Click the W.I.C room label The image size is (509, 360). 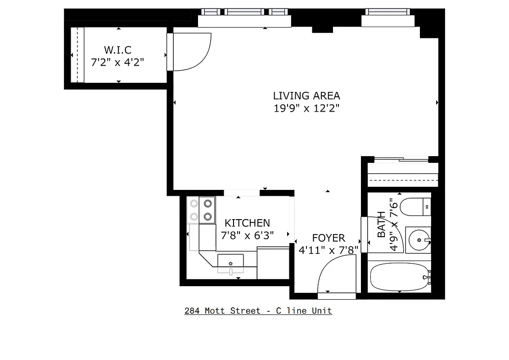pos(117,50)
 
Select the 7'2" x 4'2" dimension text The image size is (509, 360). pos(117,62)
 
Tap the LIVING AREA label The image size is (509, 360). pos(306,96)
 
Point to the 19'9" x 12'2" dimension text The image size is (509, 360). pos(306,108)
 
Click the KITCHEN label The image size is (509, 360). pos(247,223)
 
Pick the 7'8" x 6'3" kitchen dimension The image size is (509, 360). pos(247,235)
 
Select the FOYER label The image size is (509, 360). pos(329,238)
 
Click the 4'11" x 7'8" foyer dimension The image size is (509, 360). pos(329,250)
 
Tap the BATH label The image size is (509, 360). pos(381,225)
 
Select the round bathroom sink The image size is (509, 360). pos(419,240)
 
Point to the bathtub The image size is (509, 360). pos(399,278)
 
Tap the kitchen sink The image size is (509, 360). pos(230,263)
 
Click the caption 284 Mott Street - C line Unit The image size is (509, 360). pos(258,311)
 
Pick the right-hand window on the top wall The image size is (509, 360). pos(387,12)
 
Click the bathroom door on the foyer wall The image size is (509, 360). pos(364,234)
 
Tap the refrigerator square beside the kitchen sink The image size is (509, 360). pos(273,263)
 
